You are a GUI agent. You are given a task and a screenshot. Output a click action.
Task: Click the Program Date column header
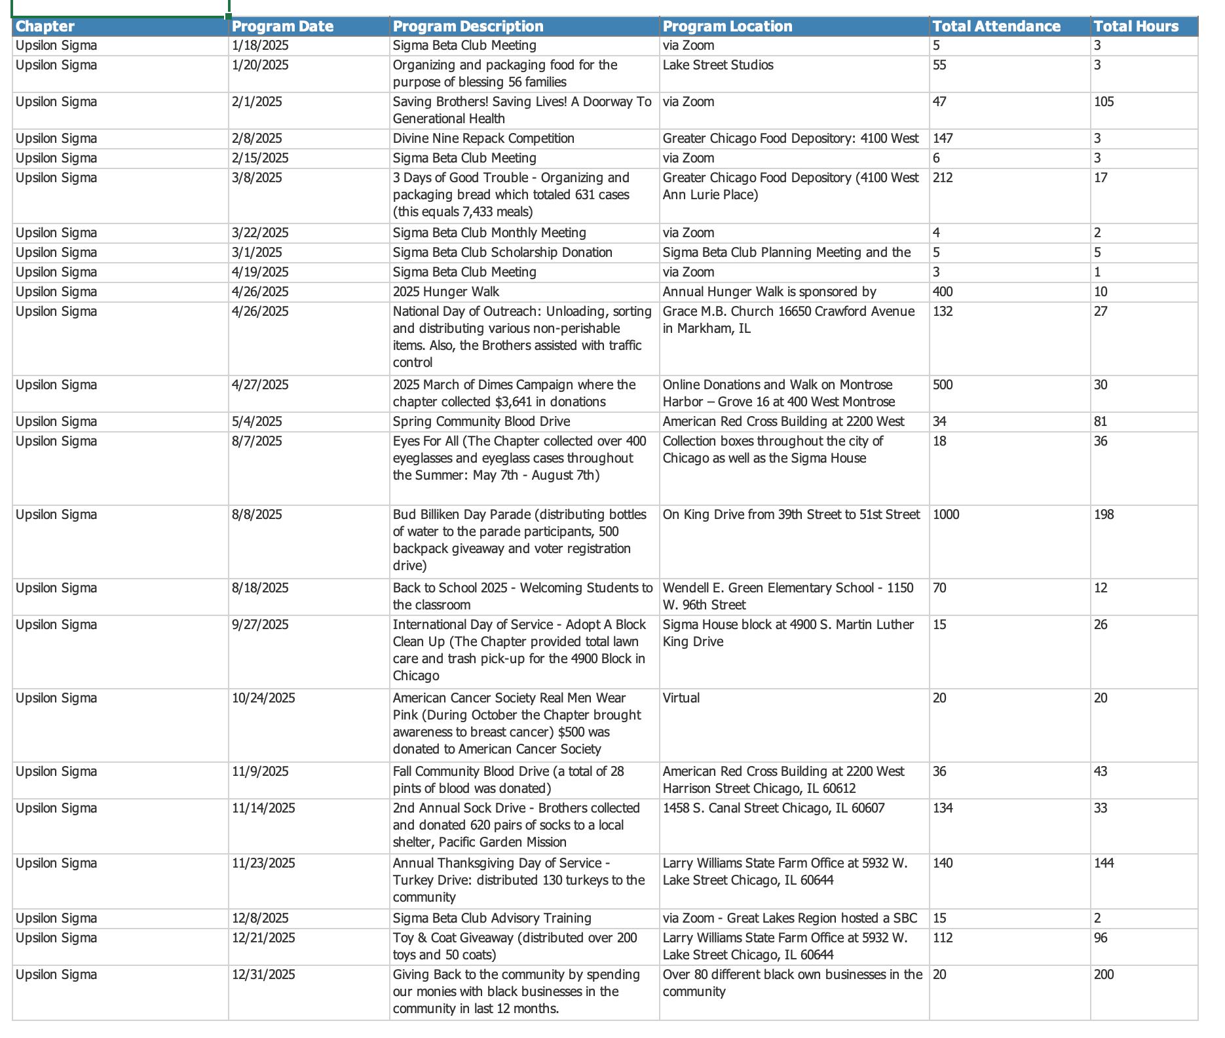(x=282, y=26)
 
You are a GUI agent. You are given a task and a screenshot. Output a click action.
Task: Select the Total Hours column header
(x=1136, y=26)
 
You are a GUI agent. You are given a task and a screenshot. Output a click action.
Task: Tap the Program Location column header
(x=727, y=26)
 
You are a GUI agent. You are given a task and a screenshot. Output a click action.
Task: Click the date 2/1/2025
(x=257, y=102)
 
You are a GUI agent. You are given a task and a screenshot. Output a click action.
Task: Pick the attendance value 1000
(x=946, y=514)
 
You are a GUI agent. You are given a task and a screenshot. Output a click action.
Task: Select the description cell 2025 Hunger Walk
(x=445, y=292)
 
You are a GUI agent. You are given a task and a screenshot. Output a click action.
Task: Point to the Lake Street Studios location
(x=718, y=65)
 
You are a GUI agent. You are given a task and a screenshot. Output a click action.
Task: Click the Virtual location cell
(x=681, y=698)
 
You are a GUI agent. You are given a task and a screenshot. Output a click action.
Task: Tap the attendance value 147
(x=943, y=138)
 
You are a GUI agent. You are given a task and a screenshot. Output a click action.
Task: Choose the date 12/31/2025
(x=263, y=974)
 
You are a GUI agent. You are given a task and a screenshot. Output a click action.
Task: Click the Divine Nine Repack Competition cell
(x=483, y=138)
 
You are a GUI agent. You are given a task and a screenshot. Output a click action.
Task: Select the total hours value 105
(x=1104, y=102)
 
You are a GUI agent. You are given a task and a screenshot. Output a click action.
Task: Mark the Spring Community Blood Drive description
(x=481, y=421)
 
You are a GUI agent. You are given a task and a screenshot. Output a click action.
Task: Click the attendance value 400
(x=943, y=292)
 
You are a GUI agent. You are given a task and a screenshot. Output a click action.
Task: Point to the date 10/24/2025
(x=263, y=698)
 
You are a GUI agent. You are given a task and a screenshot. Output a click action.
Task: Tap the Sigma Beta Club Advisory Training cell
(x=492, y=918)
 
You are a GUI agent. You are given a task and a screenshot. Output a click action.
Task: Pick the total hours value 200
(x=1104, y=974)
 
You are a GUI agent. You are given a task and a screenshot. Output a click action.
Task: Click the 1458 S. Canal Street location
(x=774, y=808)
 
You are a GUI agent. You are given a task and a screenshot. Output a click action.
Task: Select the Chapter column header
(x=45, y=26)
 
